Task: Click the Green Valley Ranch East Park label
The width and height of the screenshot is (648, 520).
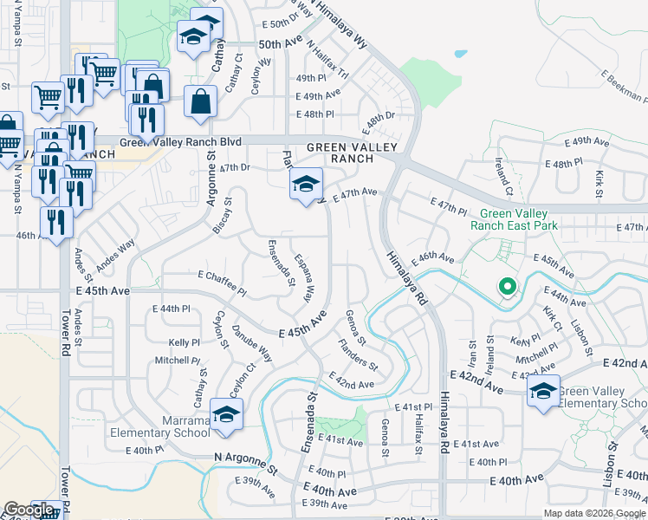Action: click(x=514, y=219)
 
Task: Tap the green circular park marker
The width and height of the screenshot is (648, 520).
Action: click(x=506, y=286)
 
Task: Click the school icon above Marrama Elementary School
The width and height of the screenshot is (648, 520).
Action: click(x=226, y=415)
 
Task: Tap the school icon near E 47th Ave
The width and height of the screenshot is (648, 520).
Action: click(x=305, y=185)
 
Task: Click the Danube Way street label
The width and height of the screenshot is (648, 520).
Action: click(x=252, y=344)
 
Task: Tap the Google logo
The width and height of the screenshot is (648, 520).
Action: click(x=29, y=510)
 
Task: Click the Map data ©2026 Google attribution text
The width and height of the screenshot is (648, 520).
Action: click(x=594, y=513)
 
